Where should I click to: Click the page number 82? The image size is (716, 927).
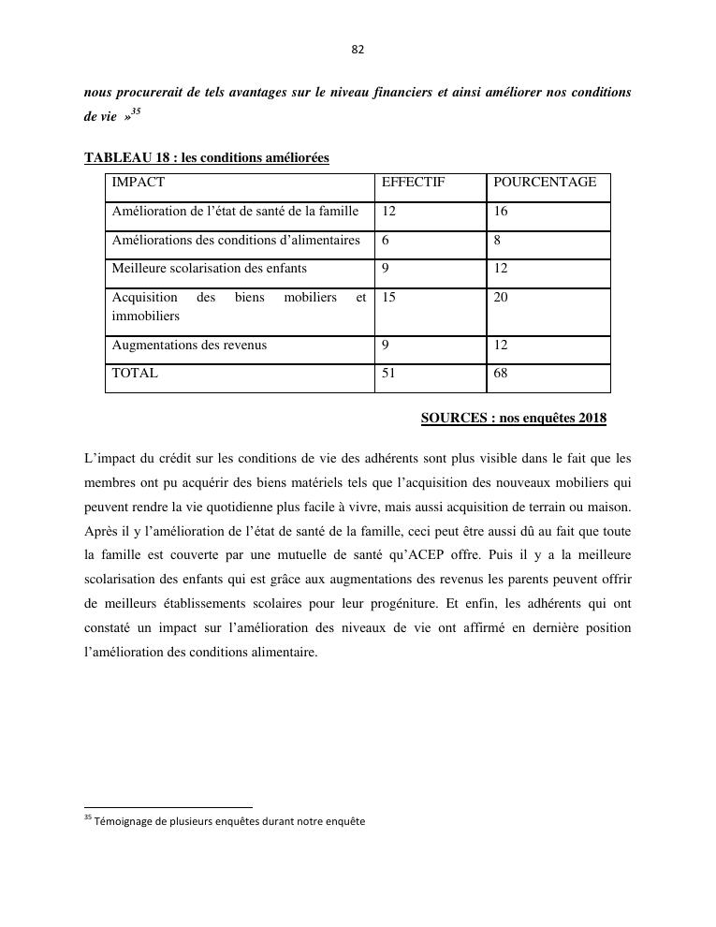[358, 50]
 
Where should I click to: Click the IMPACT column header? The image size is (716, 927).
[138, 183]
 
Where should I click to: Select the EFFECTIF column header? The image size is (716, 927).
[413, 183]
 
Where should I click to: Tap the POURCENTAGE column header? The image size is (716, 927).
[545, 183]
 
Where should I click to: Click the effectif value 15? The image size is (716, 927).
[389, 298]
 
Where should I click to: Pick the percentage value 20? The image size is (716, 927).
[501, 298]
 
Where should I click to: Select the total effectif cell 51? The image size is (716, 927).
[389, 373]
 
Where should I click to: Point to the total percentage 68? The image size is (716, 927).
[501, 373]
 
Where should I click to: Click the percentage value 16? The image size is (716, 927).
[501, 212]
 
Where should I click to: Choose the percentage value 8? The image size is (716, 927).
[498, 241]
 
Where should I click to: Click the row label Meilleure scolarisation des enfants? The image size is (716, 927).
[209, 269]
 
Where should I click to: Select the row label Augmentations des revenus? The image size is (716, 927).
[189, 345]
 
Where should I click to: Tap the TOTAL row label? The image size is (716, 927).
[135, 373]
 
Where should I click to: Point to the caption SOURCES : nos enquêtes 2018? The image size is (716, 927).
[513, 418]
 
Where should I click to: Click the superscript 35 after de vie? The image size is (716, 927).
[136, 111]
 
